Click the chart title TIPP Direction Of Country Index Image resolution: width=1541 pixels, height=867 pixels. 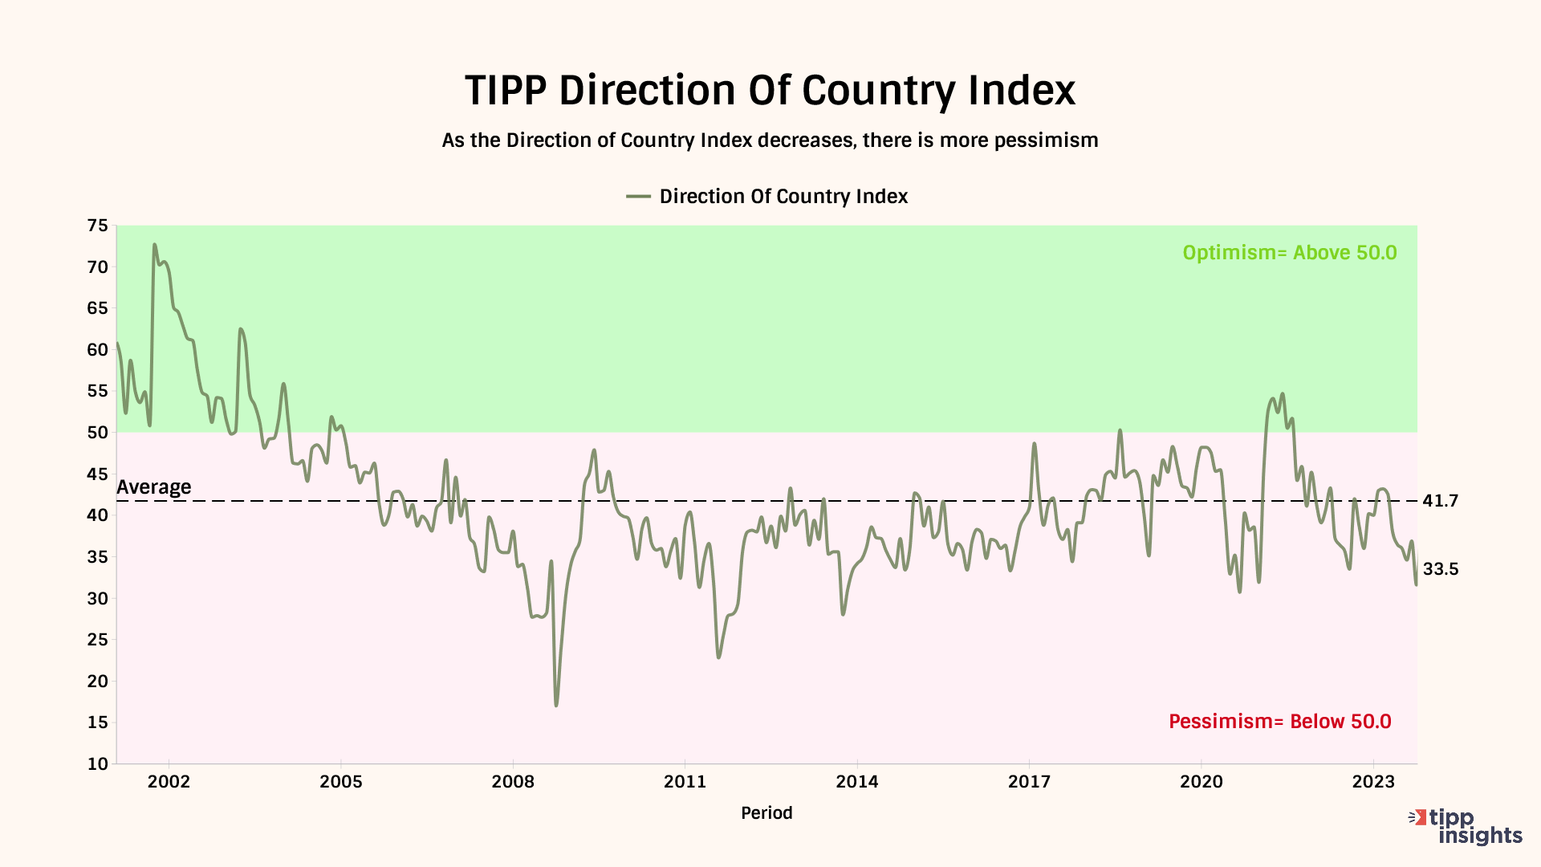(x=770, y=90)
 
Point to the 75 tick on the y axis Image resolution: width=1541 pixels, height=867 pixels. (x=98, y=226)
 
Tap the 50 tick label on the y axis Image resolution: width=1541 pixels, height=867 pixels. (x=98, y=433)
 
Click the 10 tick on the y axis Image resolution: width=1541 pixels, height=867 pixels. (x=98, y=763)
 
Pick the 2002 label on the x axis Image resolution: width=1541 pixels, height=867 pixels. (x=169, y=782)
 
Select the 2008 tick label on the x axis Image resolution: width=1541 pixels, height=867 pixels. (x=513, y=782)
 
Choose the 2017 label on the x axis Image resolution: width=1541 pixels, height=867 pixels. (x=1029, y=782)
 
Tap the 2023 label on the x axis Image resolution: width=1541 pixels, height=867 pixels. (x=1373, y=782)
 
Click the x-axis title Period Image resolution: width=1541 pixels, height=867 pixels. (x=766, y=813)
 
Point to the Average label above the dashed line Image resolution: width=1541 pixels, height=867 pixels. (x=154, y=487)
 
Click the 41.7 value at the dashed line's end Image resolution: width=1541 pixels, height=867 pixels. (x=1440, y=501)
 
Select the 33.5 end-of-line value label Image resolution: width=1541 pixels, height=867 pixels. (x=1441, y=569)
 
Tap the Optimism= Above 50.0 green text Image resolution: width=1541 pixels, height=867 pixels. (x=1289, y=253)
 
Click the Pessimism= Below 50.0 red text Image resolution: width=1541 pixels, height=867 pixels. (x=1279, y=722)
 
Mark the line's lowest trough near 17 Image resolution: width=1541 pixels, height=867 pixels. (x=556, y=705)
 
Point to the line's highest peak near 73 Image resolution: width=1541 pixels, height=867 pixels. (x=154, y=244)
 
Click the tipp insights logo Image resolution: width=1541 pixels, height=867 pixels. (x=1466, y=827)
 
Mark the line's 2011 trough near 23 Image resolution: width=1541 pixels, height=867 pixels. (x=718, y=657)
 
